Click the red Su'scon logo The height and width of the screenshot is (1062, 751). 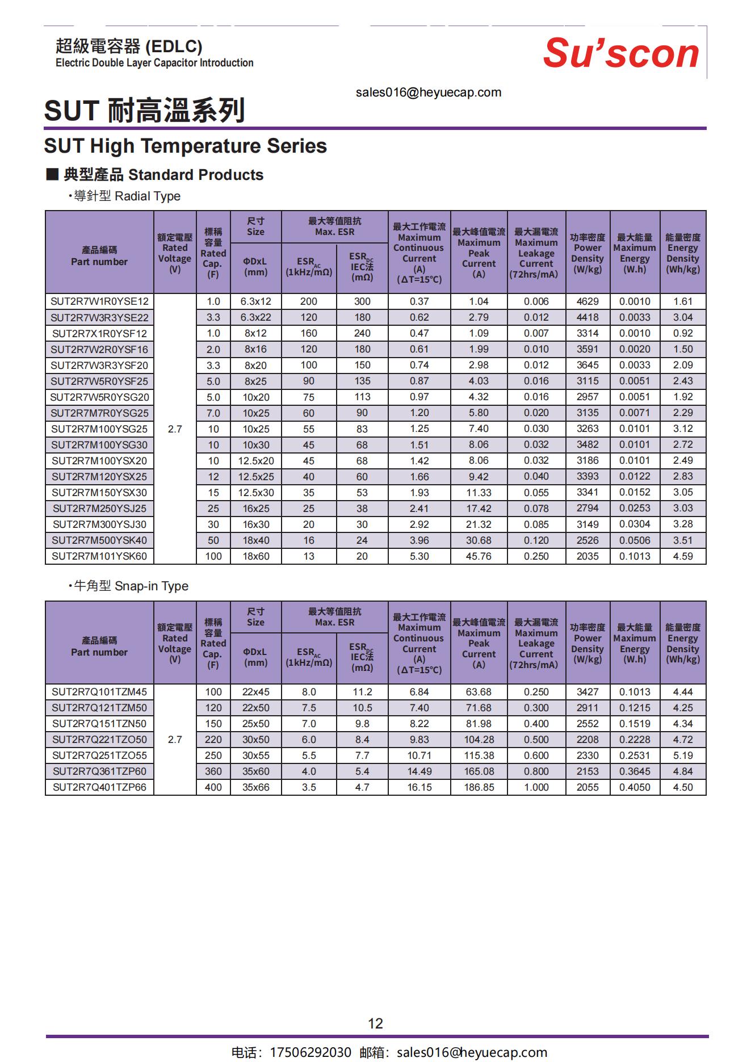click(x=621, y=53)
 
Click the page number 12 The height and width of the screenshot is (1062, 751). click(x=375, y=1023)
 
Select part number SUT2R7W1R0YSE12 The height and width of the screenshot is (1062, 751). click(x=99, y=301)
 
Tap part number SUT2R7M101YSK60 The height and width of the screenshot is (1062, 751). click(x=99, y=556)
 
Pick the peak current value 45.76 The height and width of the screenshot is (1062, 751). click(x=479, y=556)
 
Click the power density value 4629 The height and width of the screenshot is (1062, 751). click(x=588, y=301)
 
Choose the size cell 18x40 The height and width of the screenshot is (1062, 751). click(x=255, y=540)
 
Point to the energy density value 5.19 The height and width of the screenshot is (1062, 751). click(x=683, y=755)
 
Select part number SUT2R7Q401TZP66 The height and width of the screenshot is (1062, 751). click(x=99, y=787)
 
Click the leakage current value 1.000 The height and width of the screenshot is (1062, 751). click(x=536, y=787)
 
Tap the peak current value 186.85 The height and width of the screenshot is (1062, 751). click(x=479, y=787)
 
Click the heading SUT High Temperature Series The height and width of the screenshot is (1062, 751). click(x=186, y=146)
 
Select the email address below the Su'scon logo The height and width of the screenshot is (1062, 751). click(x=429, y=93)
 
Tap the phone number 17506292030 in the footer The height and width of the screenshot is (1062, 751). click(x=311, y=1052)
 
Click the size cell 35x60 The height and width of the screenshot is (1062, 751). click(x=255, y=771)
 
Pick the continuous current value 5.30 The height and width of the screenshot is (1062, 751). click(x=419, y=556)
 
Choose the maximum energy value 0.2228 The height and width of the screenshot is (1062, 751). click(x=635, y=740)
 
